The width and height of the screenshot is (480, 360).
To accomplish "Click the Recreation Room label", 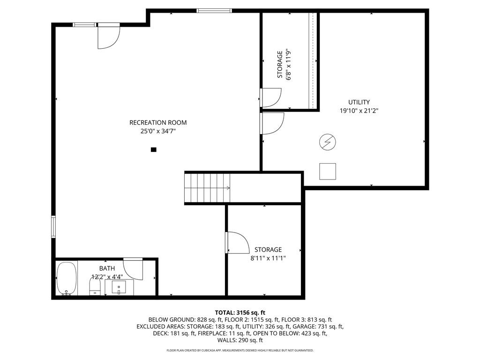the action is [x=158, y=123].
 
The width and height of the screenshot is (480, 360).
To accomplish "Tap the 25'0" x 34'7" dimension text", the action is [x=158, y=131].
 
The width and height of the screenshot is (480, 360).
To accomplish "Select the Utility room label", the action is [x=359, y=102].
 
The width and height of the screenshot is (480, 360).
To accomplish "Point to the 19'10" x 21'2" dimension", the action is [x=359, y=111].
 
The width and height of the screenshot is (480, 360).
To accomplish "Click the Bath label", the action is [x=107, y=269].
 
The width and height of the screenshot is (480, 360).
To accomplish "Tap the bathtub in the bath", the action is [x=67, y=278].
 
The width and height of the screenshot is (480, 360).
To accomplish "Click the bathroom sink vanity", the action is [x=120, y=287].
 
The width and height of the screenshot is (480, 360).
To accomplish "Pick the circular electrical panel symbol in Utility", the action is [x=328, y=142].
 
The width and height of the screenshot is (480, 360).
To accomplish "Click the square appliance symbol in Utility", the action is [x=328, y=172].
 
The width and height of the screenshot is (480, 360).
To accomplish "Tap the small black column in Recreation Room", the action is [x=154, y=150].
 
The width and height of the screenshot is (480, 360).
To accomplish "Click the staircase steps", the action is [x=208, y=187].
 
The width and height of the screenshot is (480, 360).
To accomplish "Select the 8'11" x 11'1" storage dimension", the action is [x=268, y=258].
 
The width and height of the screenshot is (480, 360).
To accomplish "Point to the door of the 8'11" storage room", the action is [x=238, y=243].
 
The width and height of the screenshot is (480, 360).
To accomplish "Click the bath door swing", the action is [x=134, y=269].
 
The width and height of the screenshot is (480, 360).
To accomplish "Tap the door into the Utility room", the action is [x=272, y=123].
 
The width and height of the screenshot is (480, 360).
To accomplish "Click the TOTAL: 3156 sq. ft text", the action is [x=240, y=313].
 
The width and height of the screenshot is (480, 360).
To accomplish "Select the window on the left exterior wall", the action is [x=53, y=226].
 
